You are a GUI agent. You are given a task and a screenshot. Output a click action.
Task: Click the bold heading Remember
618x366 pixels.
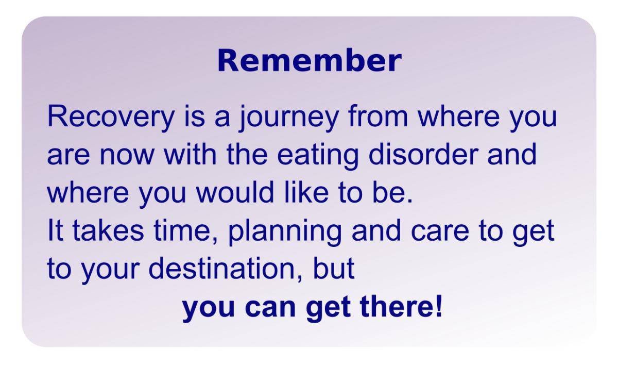click(310, 61)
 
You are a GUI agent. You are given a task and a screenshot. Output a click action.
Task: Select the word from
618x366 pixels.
click(378, 116)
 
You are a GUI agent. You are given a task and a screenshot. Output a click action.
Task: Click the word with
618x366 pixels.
click(190, 154)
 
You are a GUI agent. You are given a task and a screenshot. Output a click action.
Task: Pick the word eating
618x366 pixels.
click(318, 156)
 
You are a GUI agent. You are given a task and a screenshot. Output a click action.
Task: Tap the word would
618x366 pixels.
click(234, 192)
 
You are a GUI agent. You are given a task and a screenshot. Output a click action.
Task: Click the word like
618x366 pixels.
click(306, 192)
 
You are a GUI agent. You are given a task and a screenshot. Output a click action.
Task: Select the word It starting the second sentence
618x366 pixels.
click(56, 230)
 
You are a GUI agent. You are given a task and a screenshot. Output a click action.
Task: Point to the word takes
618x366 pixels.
click(108, 230)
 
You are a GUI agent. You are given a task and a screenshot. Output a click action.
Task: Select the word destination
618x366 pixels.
click(222, 268)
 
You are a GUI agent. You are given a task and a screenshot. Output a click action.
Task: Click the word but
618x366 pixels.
click(334, 268)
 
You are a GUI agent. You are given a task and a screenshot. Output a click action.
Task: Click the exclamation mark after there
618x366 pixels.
click(439, 306)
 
